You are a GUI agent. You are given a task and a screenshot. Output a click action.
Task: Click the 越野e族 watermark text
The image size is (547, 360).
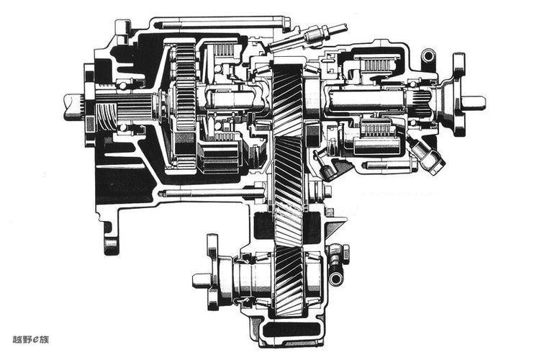click(x=31, y=339)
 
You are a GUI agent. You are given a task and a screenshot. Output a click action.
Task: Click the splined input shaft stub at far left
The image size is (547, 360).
click(x=74, y=107)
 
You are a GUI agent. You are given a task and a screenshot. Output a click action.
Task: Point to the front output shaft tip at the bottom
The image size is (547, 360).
click(x=202, y=281)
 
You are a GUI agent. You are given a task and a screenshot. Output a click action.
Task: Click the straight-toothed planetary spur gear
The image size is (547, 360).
click(x=185, y=91)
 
